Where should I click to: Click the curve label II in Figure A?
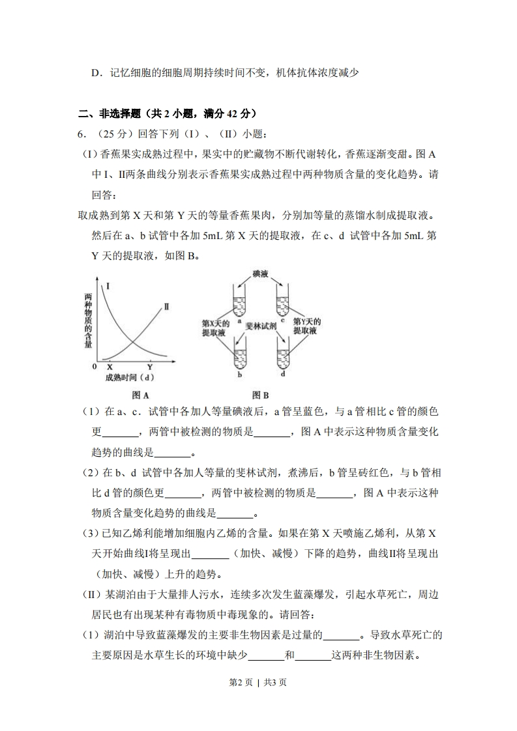166,306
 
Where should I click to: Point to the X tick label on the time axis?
110,367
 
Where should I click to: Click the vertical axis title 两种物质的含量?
88,321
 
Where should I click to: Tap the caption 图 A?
141,395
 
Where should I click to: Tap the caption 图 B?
261,395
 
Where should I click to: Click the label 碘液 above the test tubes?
261,274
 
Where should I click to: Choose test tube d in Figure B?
282,357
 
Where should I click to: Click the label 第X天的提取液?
215,327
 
